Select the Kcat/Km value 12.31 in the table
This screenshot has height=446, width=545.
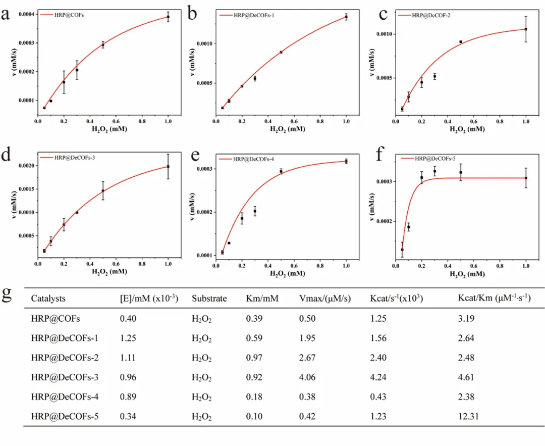(x=467, y=417)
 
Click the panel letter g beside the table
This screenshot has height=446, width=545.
(x=7, y=295)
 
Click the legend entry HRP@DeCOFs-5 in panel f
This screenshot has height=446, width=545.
(x=435, y=159)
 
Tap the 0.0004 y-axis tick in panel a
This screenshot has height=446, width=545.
(x=25, y=14)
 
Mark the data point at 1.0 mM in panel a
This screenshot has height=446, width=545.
(x=168, y=17)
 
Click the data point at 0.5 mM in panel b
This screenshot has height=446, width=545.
(x=281, y=52)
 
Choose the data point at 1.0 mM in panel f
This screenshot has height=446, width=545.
(x=526, y=178)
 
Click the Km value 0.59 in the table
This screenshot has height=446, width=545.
(x=254, y=338)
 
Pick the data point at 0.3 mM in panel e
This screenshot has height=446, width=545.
(x=255, y=211)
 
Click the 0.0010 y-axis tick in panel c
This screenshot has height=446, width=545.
(x=385, y=34)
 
